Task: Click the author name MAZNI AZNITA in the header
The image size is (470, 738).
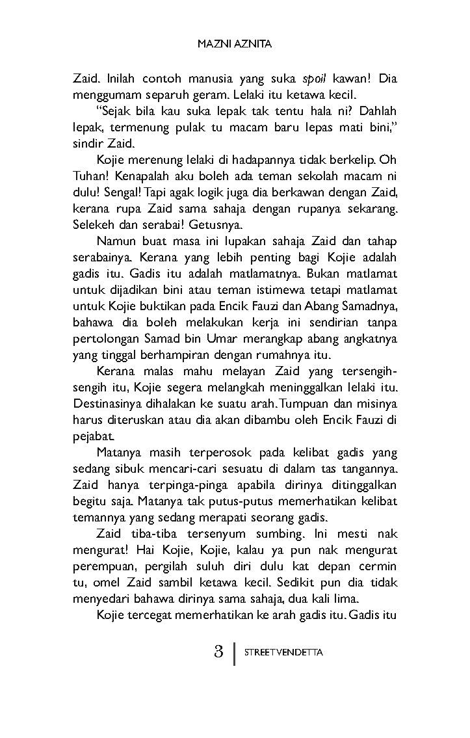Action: (234, 46)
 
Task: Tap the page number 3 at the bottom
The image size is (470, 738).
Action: (218, 652)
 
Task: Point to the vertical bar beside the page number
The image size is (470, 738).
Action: (233, 652)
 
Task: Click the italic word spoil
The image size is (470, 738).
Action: (315, 79)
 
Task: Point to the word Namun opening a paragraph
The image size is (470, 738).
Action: (116, 242)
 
